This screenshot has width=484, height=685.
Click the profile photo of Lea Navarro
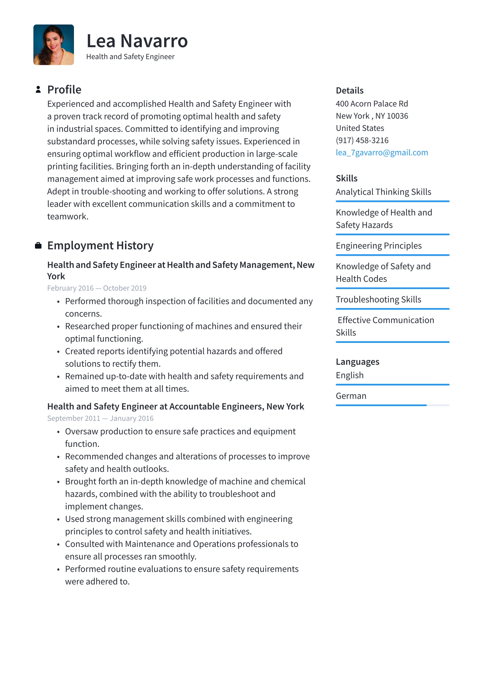(x=53, y=45)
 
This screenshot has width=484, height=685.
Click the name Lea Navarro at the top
(x=137, y=41)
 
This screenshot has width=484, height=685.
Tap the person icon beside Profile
(x=38, y=89)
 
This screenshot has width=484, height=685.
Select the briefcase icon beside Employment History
(x=38, y=246)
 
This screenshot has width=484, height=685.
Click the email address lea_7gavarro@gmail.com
(x=382, y=153)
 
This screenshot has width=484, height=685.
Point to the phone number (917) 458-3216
(x=362, y=140)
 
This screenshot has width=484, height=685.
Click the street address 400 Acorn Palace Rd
(x=372, y=104)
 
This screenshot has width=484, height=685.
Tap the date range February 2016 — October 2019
(x=97, y=288)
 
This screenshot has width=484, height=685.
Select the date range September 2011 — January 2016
(x=100, y=419)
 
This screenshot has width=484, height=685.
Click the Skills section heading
(x=347, y=178)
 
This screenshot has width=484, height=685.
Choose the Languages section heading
(x=357, y=362)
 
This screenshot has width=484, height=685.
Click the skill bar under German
(x=392, y=405)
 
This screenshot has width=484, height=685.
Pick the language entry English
(x=350, y=375)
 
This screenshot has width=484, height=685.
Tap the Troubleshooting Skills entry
(x=378, y=300)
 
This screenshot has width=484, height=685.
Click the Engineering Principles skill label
(x=378, y=246)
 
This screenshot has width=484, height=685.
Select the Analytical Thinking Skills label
(x=383, y=192)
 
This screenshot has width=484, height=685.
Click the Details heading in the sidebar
(x=350, y=91)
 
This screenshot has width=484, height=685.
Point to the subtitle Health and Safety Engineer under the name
(x=130, y=57)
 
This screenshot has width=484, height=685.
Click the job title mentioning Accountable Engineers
(x=175, y=407)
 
